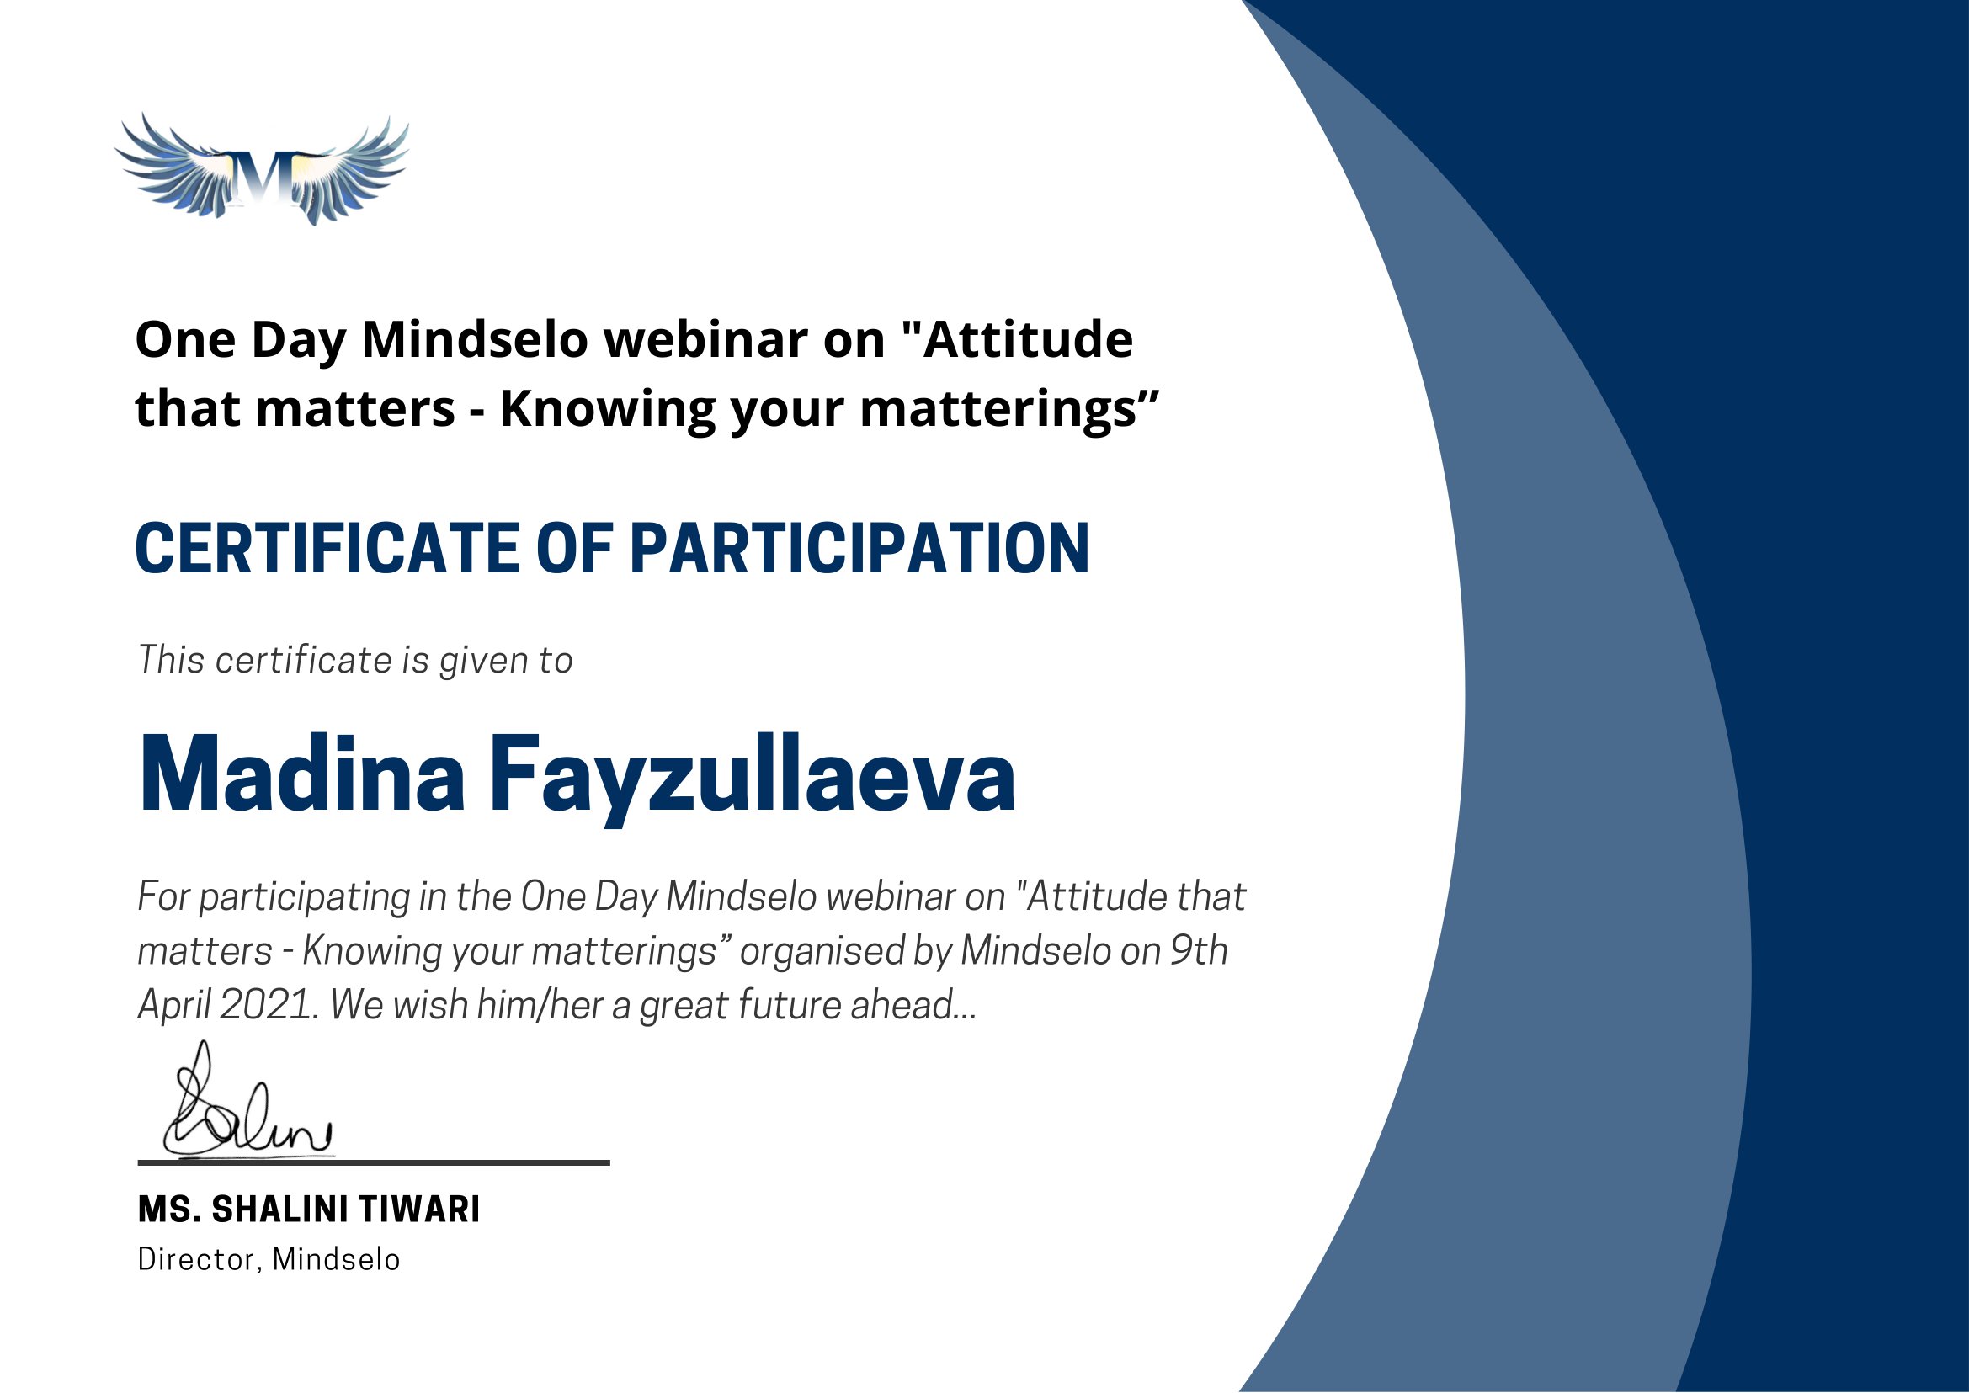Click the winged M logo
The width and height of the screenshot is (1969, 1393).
coord(262,170)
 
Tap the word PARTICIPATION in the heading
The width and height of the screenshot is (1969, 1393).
coord(859,548)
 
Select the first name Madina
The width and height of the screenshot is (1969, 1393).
coord(301,774)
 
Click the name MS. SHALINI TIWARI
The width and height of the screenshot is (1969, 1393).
coord(309,1210)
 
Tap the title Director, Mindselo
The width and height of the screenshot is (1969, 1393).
coord(269,1259)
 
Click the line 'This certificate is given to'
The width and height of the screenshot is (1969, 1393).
coord(355,661)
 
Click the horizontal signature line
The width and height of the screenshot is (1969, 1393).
coord(374,1163)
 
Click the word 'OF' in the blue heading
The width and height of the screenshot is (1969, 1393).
coord(575,548)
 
